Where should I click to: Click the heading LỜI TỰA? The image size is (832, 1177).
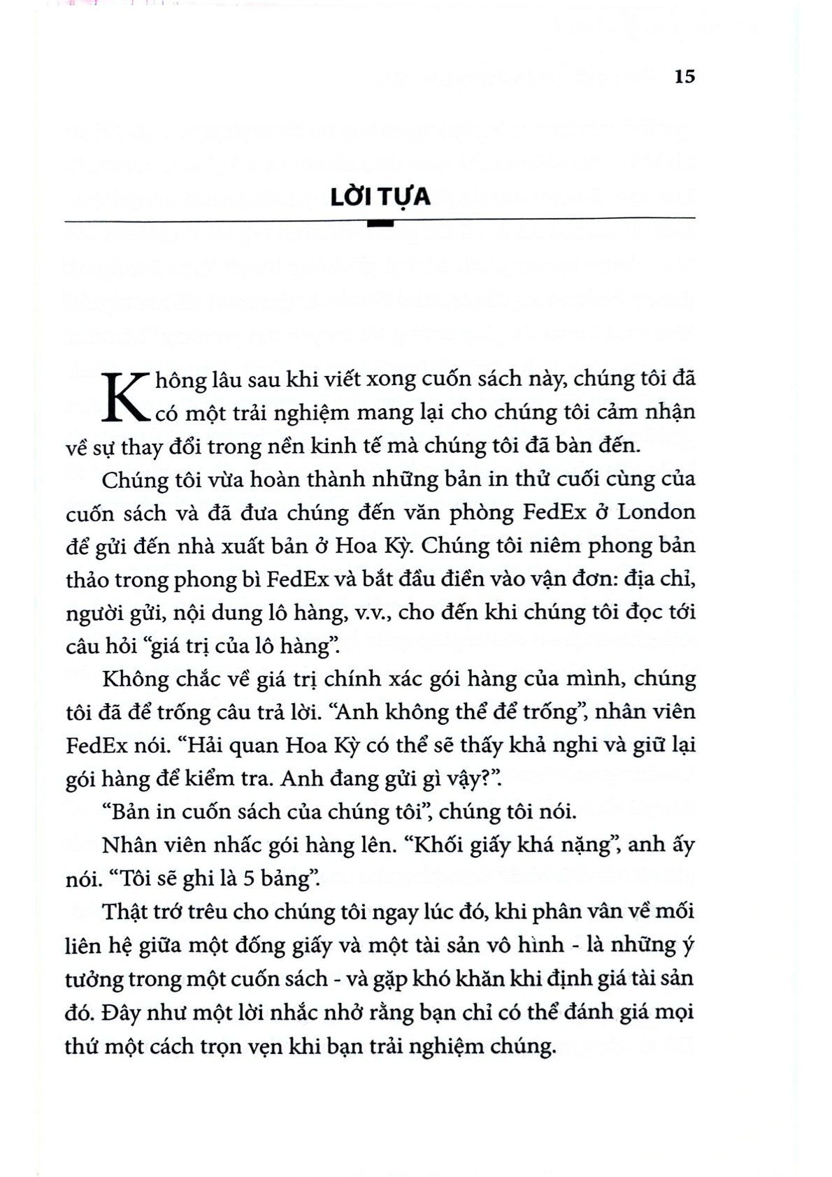tap(380, 196)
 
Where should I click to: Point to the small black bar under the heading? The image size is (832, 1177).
tap(380, 224)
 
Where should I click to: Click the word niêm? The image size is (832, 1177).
tap(550, 546)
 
